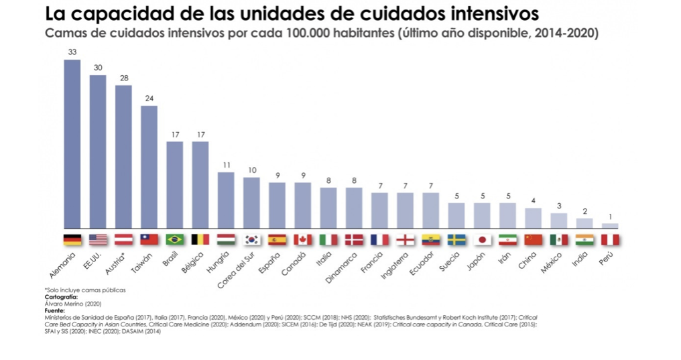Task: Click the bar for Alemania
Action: (x=72, y=143)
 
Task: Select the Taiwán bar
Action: (x=149, y=167)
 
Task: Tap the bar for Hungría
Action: (x=226, y=200)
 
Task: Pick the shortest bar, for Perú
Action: (x=610, y=226)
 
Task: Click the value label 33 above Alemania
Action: (x=72, y=52)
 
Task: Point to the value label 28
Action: (x=124, y=78)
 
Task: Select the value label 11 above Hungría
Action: (x=226, y=165)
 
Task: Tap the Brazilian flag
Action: (x=174, y=240)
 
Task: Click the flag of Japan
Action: (x=482, y=240)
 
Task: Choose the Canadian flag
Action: (x=303, y=240)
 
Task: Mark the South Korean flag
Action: (x=251, y=240)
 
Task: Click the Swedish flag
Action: (x=456, y=240)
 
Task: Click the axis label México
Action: (x=552, y=262)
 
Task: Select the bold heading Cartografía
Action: (x=61, y=297)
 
